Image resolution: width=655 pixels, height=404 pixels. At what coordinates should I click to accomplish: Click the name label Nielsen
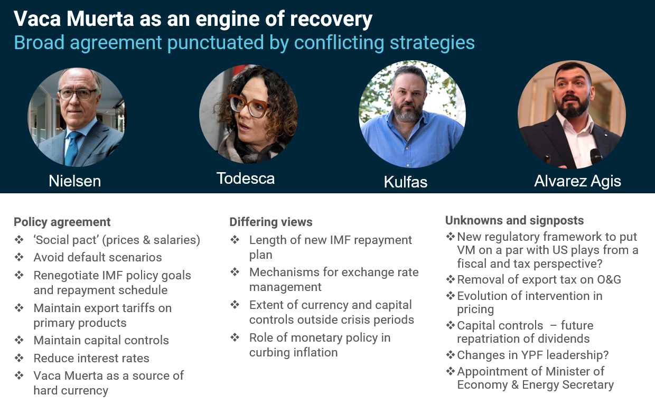point(74,181)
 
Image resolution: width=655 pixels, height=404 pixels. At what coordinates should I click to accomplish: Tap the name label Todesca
point(246,178)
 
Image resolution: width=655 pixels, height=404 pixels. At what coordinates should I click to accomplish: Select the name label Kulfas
point(406,182)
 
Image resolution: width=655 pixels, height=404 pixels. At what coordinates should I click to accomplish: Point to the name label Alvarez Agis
point(577,181)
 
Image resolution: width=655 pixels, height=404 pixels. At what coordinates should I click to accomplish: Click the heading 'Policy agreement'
point(62,222)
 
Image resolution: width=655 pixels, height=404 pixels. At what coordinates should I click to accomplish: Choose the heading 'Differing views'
point(271,222)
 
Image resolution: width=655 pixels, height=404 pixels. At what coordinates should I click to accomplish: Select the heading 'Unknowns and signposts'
point(514,220)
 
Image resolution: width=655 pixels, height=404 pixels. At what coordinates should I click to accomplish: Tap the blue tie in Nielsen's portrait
point(72,148)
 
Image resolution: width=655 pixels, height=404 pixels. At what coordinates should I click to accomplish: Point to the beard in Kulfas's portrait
point(407,111)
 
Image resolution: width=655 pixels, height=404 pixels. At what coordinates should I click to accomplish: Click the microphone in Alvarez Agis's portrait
point(596,156)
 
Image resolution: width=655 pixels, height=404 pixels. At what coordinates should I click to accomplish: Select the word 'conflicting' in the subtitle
point(327,42)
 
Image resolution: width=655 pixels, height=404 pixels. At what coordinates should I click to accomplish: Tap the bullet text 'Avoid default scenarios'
point(98,258)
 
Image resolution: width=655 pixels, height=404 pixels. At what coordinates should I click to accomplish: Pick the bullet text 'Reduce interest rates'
point(91,358)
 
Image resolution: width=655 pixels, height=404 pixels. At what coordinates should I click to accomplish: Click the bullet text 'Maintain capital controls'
point(101,341)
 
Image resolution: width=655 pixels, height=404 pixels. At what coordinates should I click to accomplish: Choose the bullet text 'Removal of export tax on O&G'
point(539,280)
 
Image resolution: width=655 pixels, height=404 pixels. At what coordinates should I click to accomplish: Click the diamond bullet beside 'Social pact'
point(19,240)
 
